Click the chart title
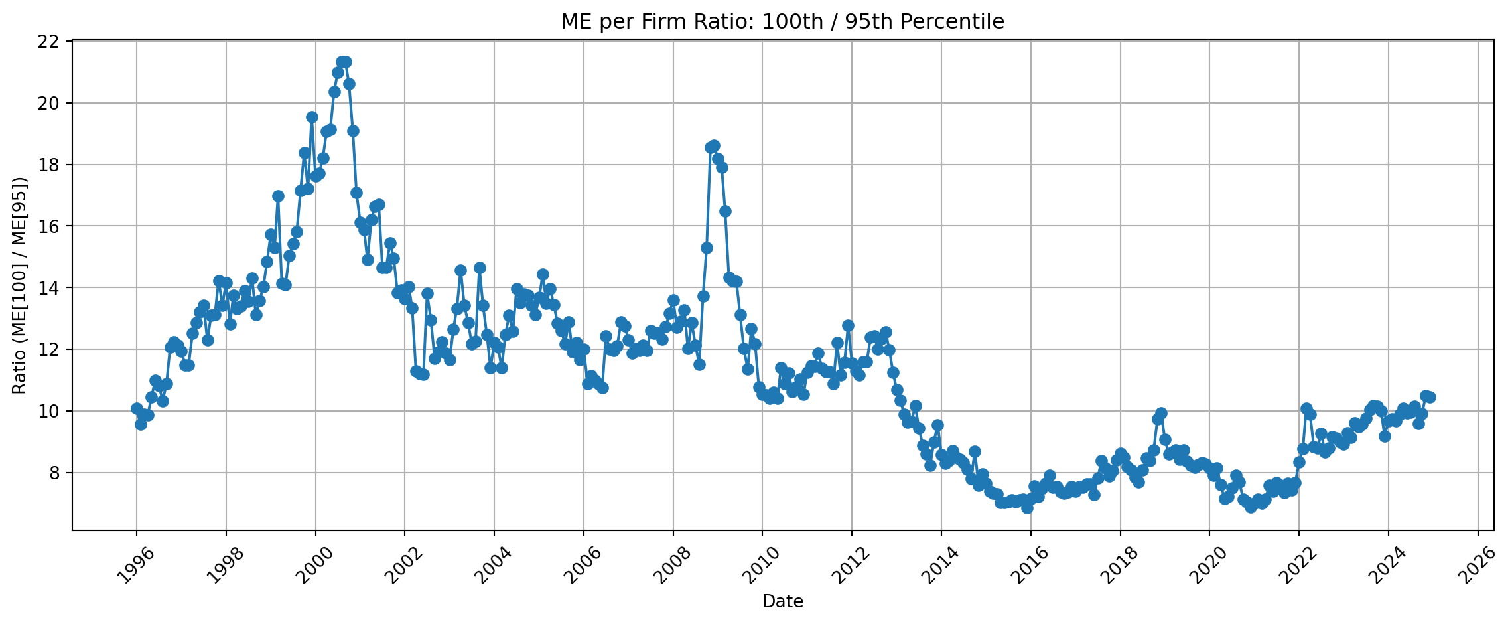[x=782, y=22]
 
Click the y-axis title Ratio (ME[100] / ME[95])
[x=20, y=285]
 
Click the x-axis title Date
[x=783, y=602]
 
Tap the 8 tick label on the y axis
[x=55, y=473]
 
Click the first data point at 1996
[x=137, y=408]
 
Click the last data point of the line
[x=1430, y=397]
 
